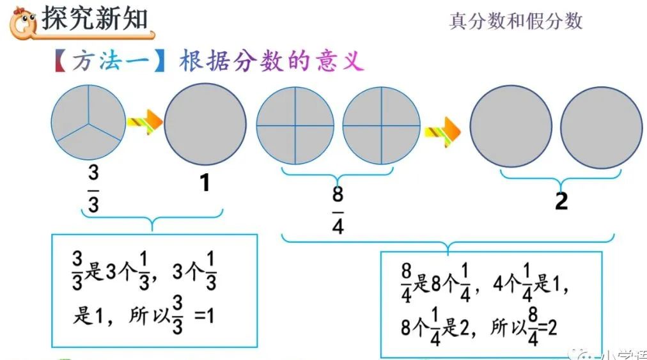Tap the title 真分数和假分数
pyautogui.click(x=516, y=20)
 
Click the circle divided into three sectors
pyautogui.click(x=90, y=122)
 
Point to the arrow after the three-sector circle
pyautogui.click(x=143, y=121)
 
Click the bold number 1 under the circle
pyautogui.click(x=205, y=184)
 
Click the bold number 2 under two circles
pyautogui.click(x=561, y=201)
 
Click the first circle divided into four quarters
pyautogui.click(x=295, y=125)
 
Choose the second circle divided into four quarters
pyautogui.click(x=382, y=125)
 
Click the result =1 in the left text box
pyautogui.click(x=204, y=317)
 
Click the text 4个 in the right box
pyautogui.click(x=502, y=285)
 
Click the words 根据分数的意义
pyautogui.click(x=272, y=62)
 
